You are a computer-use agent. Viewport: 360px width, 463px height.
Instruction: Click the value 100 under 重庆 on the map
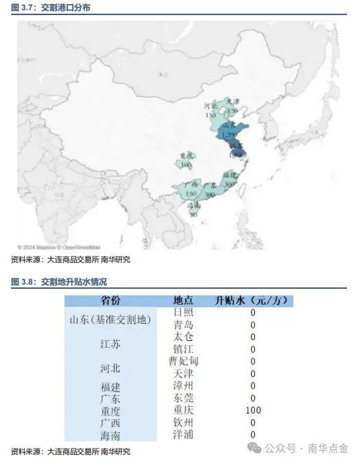(186, 165)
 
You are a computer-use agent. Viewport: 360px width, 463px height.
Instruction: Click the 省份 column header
(110, 300)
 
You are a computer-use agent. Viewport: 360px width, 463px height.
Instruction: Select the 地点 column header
(183, 300)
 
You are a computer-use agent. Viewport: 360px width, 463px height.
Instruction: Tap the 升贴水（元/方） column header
(253, 300)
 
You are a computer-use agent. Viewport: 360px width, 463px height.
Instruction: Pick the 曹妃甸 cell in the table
(183, 361)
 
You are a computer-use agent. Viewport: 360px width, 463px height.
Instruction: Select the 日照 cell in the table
(183, 312)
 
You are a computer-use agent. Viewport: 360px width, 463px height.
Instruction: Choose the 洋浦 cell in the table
(183, 434)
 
